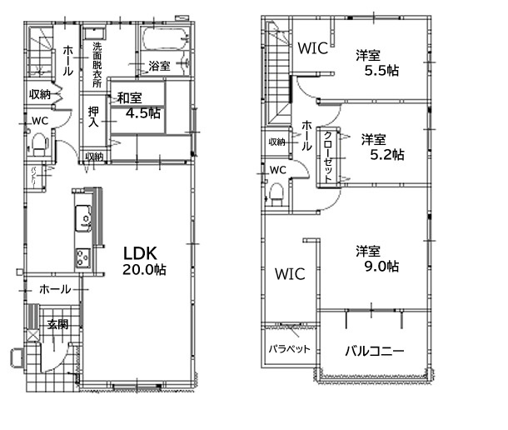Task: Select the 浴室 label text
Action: [x=160, y=64]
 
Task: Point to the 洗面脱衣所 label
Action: [x=97, y=64]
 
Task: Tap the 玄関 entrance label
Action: [x=57, y=323]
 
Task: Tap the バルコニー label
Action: [x=375, y=351]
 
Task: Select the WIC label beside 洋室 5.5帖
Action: [x=313, y=49]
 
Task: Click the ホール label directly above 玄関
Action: [x=55, y=289]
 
